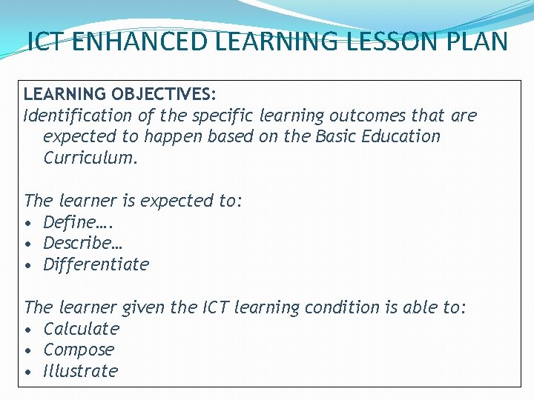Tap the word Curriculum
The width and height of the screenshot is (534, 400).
coord(90,158)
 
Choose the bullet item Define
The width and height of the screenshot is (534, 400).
coord(70,222)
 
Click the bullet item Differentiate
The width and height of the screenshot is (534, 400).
coord(96,264)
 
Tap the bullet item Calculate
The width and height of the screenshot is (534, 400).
coord(81,328)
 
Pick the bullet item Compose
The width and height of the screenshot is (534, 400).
coord(79,350)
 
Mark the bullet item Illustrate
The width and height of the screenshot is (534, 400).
coord(80,371)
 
